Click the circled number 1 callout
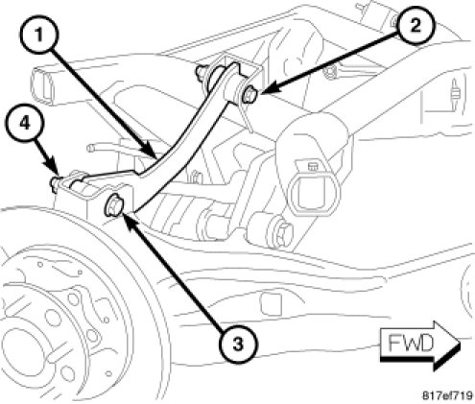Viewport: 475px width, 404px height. [39, 35]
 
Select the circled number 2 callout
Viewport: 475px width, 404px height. [416, 25]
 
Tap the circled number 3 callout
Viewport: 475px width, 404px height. [238, 344]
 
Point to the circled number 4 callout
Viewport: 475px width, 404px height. [24, 123]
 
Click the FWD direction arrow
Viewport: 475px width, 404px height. [420, 345]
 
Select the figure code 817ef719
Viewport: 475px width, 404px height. [447, 395]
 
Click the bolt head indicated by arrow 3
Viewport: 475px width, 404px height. [112, 204]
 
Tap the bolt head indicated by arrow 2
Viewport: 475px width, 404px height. [250, 95]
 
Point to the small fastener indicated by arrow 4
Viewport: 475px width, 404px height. [55, 182]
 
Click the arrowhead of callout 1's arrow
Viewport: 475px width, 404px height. [152, 152]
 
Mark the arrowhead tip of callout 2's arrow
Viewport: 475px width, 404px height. [260, 93]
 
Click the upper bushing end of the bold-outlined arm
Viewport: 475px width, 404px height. [233, 83]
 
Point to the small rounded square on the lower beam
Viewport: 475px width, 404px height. [271, 303]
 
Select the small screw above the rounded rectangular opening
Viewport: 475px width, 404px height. [311, 166]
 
